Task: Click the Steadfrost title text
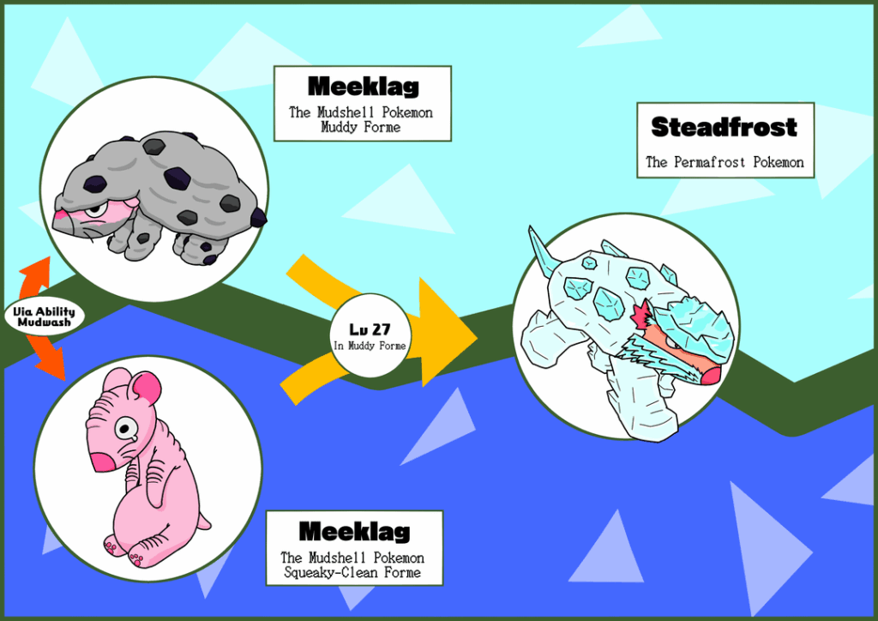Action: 725,128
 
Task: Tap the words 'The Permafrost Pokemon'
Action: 725,162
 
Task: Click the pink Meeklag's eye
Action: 129,429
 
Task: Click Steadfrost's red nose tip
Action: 711,376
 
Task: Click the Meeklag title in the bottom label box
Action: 354,532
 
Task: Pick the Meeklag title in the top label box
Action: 364,87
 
